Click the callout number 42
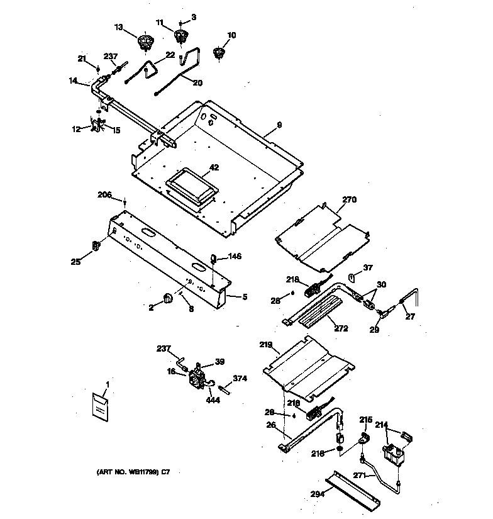[x=214, y=167]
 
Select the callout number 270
[x=349, y=200]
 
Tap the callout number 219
[x=265, y=345]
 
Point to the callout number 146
[x=235, y=256]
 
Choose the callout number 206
[x=104, y=196]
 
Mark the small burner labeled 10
[x=219, y=53]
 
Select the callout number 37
[x=368, y=267]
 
